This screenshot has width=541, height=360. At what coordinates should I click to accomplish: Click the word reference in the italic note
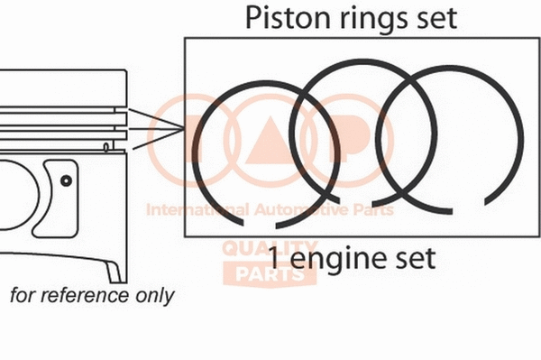(x=86, y=295)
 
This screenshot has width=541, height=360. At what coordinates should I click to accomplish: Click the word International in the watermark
(x=185, y=210)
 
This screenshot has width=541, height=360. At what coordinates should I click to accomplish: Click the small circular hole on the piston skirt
(x=66, y=180)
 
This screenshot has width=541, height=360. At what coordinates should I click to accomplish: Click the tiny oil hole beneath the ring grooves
(x=106, y=145)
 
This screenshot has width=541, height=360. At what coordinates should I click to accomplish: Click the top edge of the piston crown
(x=63, y=70)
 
